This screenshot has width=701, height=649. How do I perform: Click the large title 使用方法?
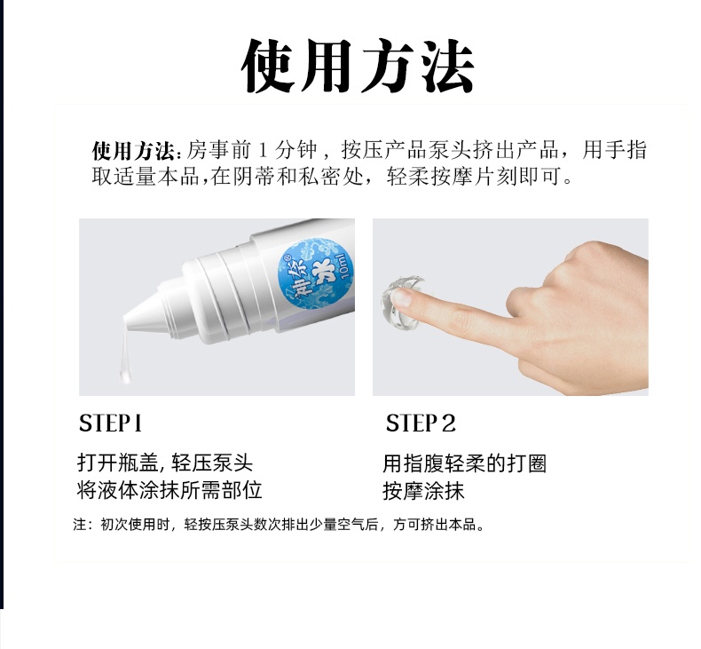[x=358, y=67]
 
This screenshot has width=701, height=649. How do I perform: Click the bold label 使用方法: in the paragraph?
[x=137, y=150]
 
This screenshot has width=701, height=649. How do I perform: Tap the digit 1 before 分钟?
[x=263, y=150]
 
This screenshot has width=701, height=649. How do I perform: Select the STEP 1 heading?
[x=110, y=423]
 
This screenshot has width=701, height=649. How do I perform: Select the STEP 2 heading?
[x=421, y=423]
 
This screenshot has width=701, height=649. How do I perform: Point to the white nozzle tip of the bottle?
[x=129, y=321]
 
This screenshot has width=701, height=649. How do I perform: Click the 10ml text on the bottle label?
[x=344, y=266]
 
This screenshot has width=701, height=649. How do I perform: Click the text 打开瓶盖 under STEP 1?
[x=118, y=463]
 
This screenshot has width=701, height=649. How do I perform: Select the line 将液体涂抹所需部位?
[x=169, y=491]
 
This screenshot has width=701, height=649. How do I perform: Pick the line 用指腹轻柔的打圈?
[x=464, y=463]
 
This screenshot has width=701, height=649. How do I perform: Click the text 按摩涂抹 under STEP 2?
[x=423, y=491]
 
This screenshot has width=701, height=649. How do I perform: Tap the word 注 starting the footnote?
[x=80, y=524]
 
